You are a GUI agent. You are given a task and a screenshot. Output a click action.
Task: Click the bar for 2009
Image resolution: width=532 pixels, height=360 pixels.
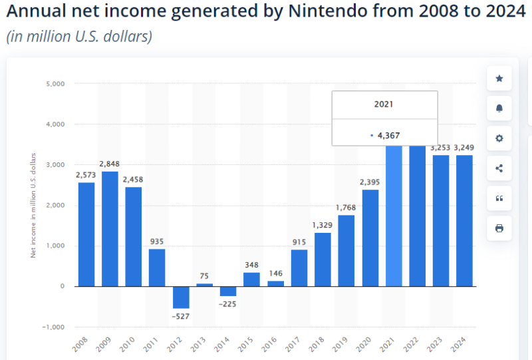[x=110, y=229]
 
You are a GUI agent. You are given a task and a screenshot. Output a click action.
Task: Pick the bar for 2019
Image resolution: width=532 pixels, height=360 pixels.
[x=346, y=251]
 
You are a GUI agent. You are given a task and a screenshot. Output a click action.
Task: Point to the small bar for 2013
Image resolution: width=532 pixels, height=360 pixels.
[x=205, y=285]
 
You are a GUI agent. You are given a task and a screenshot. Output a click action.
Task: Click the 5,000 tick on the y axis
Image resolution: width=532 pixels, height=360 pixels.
[x=55, y=84]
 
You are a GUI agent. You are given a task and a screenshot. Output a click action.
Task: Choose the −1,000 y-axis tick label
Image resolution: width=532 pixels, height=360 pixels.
[x=54, y=327]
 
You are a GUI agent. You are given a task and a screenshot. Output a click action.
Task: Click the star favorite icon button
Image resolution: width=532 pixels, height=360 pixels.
[x=499, y=79]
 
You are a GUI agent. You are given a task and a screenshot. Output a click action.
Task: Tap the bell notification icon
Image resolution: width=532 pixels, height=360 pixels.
[x=499, y=108]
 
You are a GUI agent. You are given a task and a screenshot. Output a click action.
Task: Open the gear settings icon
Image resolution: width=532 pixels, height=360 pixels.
[x=499, y=138]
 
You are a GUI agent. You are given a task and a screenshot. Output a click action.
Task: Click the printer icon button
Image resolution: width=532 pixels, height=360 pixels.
[x=499, y=228]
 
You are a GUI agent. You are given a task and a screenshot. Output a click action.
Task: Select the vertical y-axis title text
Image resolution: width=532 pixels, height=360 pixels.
[x=33, y=205]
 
